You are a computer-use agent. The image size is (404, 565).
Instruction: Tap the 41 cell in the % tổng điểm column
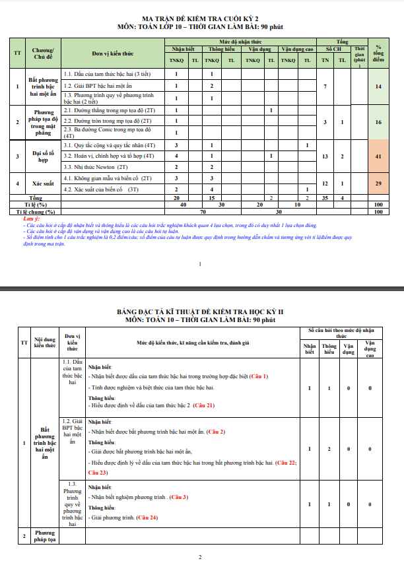pyautogui.click(x=378, y=156)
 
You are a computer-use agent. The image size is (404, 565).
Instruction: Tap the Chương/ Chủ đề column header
pyautogui.click(x=43, y=53)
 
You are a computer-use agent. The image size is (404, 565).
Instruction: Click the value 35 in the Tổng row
pyautogui.click(x=325, y=198)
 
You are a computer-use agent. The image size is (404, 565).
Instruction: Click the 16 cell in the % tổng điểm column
pyautogui.click(x=378, y=122)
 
